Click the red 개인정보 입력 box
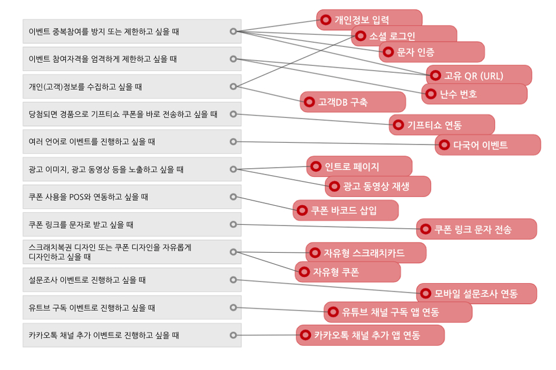[x=369, y=20]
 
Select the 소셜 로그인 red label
[x=404, y=35]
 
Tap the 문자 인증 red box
[x=432, y=52]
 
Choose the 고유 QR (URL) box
[x=479, y=75]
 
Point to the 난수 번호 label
[x=474, y=94]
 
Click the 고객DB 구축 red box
[x=353, y=102]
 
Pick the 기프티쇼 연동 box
[x=442, y=125]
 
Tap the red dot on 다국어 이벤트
[x=444, y=145]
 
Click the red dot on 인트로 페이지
[x=316, y=166]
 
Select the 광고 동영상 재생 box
[x=377, y=186]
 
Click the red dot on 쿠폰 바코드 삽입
[x=302, y=210]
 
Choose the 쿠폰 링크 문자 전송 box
[x=476, y=229]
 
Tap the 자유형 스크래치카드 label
[x=366, y=253]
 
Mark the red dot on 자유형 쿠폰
[x=304, y=272]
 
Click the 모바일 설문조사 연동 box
[x=476, y=294]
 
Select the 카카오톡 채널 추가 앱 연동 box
[x=370, y=335]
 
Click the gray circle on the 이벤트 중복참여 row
[x=233, y=31]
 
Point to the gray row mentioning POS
[x=132, y=197]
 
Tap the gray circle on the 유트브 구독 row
[x=233, y=308]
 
